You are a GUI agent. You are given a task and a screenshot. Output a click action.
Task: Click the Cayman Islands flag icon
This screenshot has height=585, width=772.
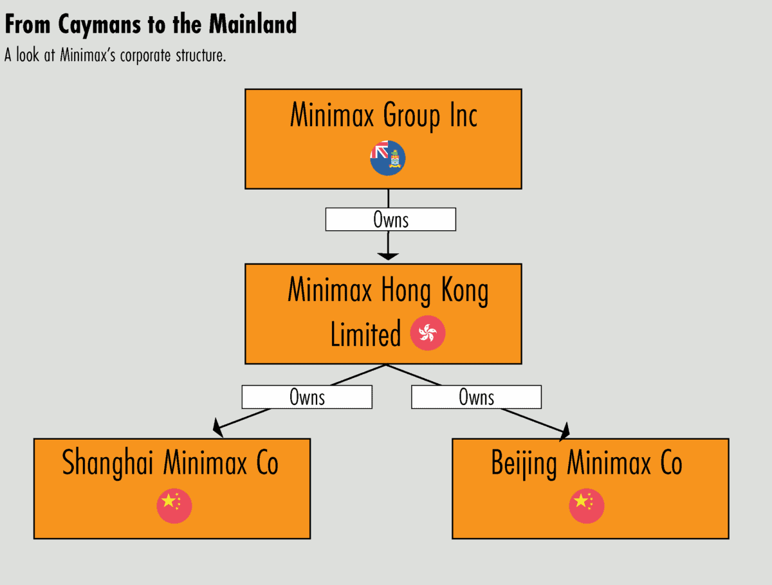[387, 157]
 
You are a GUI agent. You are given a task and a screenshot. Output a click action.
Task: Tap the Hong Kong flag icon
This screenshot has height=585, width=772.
[428, 334]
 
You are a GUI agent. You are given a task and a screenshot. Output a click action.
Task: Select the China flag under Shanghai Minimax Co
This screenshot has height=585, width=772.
[174, 505]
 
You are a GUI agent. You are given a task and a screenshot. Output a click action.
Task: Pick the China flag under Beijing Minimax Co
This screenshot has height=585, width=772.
[586, 505]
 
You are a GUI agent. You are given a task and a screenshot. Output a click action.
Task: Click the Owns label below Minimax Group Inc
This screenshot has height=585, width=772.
[391, 220]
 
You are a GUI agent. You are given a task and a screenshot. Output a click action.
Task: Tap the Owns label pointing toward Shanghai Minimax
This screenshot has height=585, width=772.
[307, 397]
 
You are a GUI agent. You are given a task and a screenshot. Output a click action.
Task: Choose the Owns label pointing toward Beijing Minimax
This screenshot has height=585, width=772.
[476, 397]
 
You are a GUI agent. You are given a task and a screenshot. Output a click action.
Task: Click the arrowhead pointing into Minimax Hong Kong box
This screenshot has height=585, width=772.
[388, 256]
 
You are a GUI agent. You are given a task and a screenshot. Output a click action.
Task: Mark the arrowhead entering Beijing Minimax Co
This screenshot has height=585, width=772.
[565, 432]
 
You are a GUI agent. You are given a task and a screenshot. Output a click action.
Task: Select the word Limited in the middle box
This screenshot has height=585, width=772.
[365, 334]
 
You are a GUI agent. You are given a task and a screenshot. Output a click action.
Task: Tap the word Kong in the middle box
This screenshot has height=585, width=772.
[462, 291]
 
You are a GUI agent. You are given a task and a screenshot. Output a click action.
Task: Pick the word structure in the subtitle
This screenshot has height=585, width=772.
[199, 55]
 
